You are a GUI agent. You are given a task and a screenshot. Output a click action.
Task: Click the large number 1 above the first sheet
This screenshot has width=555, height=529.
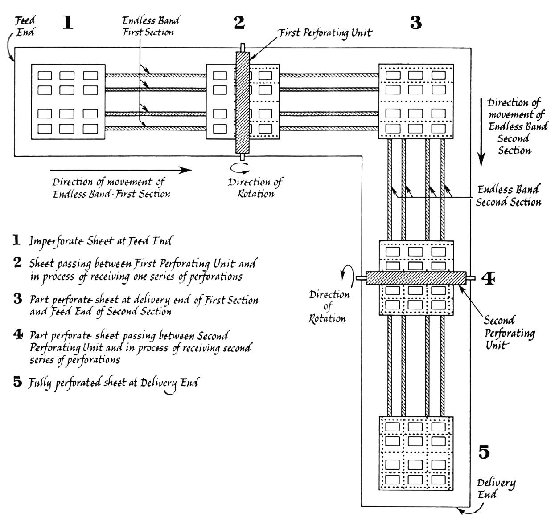point(68,22)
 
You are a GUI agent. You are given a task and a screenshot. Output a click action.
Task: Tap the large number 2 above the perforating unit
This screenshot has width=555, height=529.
point(239,23)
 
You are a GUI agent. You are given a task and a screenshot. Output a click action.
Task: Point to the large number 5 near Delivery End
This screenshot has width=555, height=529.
point(484,452)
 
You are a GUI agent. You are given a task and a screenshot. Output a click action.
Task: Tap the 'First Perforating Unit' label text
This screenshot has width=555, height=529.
point(325,33)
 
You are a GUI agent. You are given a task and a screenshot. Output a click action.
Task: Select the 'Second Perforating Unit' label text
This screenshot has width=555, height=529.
point(510,333)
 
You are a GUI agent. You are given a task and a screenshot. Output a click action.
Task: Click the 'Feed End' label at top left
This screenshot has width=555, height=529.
point(25,26)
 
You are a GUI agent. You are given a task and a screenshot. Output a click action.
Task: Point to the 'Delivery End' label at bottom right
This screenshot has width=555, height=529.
point(496,488)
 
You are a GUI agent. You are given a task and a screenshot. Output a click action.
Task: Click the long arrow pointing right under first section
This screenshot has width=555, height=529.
point(121,170)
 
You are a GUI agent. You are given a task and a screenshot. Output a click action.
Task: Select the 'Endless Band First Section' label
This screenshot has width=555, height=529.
point(151,26)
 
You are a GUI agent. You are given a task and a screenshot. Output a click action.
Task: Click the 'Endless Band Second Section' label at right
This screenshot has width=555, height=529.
point(508,196)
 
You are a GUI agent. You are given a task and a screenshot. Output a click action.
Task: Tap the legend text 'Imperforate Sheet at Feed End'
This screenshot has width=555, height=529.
point(100,241)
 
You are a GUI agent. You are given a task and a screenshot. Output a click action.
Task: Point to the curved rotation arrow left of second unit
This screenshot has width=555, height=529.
point(343,276)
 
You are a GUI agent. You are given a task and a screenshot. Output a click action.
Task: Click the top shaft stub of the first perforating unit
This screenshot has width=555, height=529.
point(242,47)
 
